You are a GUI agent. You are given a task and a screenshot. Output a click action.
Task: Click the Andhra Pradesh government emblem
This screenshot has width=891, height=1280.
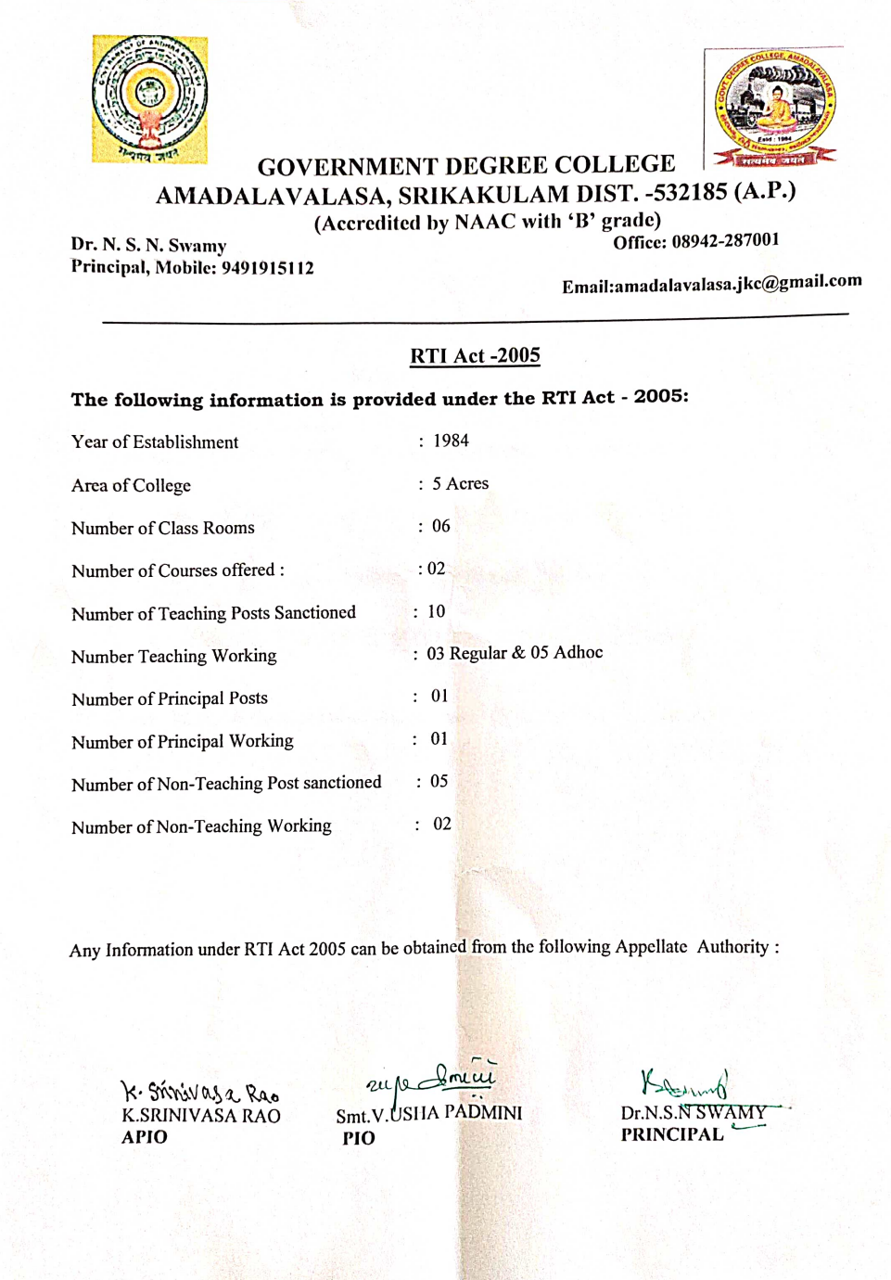pyautogui.click(x=149, y=99)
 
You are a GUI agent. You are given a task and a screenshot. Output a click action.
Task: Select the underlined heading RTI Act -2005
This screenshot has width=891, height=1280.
pyautogui.click(x=475, y=356)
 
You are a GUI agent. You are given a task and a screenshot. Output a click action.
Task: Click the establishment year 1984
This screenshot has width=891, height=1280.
pyautogui.click(x=451, y=441)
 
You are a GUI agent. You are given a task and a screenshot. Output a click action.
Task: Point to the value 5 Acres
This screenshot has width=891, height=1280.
pyautogui.click(x=460, y=483)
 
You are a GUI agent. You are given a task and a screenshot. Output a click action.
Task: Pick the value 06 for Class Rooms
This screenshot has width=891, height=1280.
pyautogui.click(x=441, y=526)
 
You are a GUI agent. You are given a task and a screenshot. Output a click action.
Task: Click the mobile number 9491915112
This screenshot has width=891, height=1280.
pyautogui.click(x=267, y=268)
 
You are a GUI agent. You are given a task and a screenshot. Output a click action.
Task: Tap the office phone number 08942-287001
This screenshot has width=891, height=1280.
pyautogui.click(x=725, y=241)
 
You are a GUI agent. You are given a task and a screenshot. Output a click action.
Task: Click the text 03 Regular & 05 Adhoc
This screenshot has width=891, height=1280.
pyautogui.click(x=515, y=653)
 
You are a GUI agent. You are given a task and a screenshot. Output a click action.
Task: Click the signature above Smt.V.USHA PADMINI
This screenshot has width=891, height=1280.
pyautogui.click(x=432, y=1079)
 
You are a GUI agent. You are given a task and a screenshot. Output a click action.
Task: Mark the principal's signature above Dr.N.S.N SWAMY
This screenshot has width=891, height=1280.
pyautogui.click(x=684, y=1083)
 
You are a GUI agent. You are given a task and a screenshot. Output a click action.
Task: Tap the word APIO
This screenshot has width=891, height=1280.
pyautogui.click(x=145, y=1137)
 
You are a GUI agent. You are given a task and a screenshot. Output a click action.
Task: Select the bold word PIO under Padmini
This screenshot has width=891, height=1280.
pyautogui.click(x=359, y=1138)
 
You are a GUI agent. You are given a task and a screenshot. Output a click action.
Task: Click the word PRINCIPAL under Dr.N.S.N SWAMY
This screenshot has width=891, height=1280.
pyautogui.click(x=672, y=1134)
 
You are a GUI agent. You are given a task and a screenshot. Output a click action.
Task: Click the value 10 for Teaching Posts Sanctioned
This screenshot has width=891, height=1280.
pyautogui.click(x=436, y=611)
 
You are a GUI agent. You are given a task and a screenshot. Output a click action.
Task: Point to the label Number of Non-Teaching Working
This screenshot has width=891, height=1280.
pyautogui.click(x=201, y=826)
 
